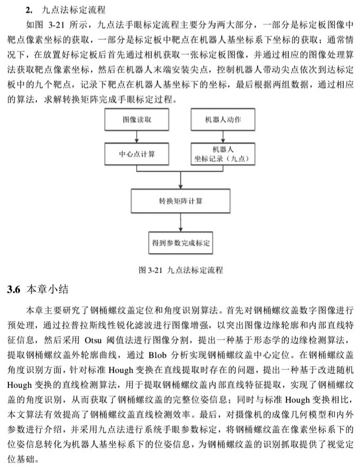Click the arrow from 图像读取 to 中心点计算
coord(137,137)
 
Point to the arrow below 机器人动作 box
coord(223,137)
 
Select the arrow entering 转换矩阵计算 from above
coord(180,180)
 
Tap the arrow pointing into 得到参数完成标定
coord(180,222)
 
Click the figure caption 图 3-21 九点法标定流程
coord(180,270)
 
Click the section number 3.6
coord(14,289)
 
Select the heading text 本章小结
coord(47,289)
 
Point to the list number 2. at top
coord(29,10)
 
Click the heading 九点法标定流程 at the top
coord(73,10)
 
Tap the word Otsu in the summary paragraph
coord(93,341)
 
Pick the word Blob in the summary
coord(158,355)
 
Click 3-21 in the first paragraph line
coord(56,25)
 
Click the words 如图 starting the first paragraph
coord(34,25)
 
